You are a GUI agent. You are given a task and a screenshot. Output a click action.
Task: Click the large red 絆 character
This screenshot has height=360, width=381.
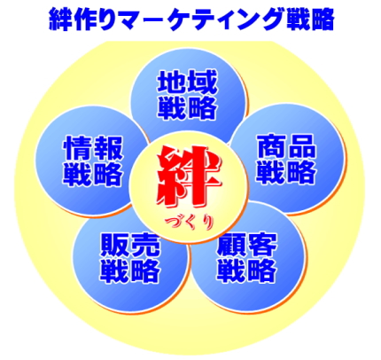pyautogui.click(x=190, y=176)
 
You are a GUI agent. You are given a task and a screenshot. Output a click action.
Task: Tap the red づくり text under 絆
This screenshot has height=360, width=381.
pyautogui.click(x=189, y=223)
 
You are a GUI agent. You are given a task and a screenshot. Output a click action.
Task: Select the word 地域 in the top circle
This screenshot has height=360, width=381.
pyautogui.click(x=188, y=82)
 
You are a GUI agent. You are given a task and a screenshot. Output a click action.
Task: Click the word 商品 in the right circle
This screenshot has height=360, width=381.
pyautogui.click(x=286, y=146)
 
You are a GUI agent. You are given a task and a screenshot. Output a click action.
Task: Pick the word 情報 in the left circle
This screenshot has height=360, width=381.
pyautogui.click(x=93, y=148)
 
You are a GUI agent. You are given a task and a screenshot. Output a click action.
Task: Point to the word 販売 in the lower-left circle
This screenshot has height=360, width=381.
pyautogui.click(x=130, y=246)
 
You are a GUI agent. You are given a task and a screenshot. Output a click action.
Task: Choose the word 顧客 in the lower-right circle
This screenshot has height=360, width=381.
pyautogui.click(x=247, y=246)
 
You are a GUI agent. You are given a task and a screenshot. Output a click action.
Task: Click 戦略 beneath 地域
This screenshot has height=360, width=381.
pyautogui.click(x=188, y=107)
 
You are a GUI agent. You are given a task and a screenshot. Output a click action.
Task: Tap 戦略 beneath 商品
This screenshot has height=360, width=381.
pyautogui.click(x=286, y=172)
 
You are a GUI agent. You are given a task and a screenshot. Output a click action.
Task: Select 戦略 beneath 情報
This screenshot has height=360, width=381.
pyautogui.click(x=93, y=174)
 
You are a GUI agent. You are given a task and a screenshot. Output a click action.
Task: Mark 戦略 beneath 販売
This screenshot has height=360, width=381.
pyautogui.click(x=130, y=270)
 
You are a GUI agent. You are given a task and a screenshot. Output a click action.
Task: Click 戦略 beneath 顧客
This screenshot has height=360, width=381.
pyautogui.click(x=247, y=270)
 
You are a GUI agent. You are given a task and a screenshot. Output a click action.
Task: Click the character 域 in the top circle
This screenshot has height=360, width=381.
pyautogui.click(x=203, y=82)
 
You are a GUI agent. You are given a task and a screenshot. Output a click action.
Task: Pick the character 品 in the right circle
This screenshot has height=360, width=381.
pyautogui.click(x=302, y=146)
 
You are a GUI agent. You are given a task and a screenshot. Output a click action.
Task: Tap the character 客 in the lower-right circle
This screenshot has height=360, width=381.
pyautogui.click(x=262, y=246)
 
